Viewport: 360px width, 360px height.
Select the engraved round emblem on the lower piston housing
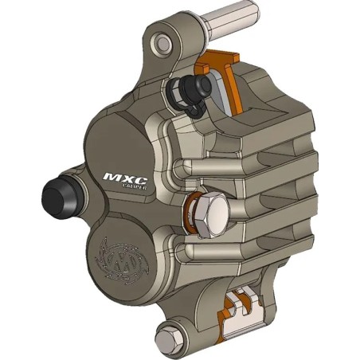(115, 259)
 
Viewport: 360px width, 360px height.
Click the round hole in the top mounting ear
(162, 42)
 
